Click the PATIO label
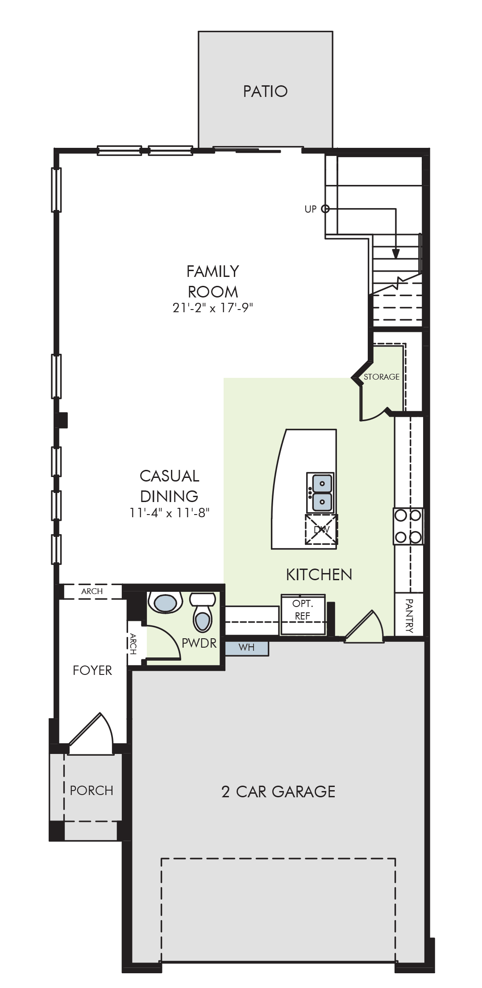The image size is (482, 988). point(265,91)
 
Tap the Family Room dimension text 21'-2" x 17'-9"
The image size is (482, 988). point(213,308)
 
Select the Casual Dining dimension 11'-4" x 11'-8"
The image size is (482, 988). point(170,512)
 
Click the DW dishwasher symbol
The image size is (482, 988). point(321,530)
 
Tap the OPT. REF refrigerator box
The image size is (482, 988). point(303,614)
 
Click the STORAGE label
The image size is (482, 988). point(382,377)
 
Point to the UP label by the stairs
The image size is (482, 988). point(310,209)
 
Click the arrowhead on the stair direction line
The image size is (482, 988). point(395,254)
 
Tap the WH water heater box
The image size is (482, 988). point(246,648)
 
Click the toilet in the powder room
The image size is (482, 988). point(203,611)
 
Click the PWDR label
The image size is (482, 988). point(199,643)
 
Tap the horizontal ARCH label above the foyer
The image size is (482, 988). point(92,591)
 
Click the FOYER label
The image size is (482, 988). point(92,670)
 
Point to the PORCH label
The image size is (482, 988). point(91,790)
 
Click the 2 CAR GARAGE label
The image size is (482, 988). point(278,791)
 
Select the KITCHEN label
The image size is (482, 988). point(319,574)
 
